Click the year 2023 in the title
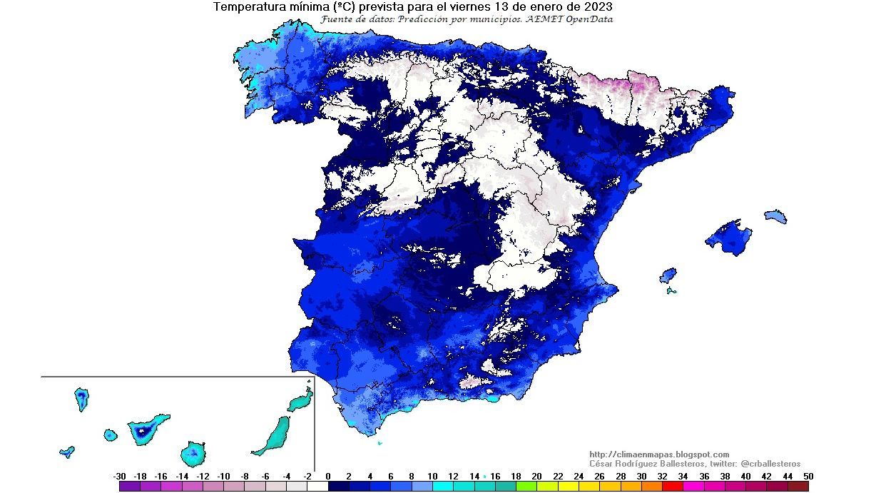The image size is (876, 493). pyautogui.click(x=598, y=7)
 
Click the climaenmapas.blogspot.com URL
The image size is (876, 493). pyautogui.click(x=659, y=454)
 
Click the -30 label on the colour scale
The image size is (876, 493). pyautogui.click(x=119, y=477)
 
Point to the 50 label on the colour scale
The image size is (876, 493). pyautogui.click(x=808, y=477)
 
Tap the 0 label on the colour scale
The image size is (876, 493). pyautogui.click(x=328, y=477)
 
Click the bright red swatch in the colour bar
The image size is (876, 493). pyautogui.click(x=673, y=487)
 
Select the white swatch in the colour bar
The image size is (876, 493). pyautogui.click(x=317, y=487)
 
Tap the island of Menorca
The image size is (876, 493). pyautogui.click(x=775, y=216)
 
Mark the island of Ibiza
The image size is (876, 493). pyautogui.click(x=668, y=275)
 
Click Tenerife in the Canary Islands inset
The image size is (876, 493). pyautogui.click(x=147, y=430)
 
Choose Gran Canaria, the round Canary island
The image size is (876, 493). pyautogui.click(x=193, y=453)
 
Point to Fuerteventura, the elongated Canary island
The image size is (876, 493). pyautogui.click(x=273, y=436)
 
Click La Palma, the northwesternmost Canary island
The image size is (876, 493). pyautogui.click(x=82, y=399)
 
